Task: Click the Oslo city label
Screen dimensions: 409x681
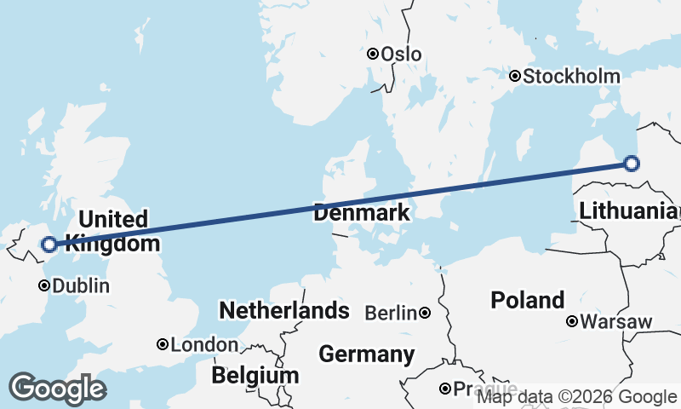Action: coord(401,54)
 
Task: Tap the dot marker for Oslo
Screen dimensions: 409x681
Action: coord(372,54)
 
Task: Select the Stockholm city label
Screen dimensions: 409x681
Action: coord(571,77)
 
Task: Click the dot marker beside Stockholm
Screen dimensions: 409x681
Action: coord(515,77)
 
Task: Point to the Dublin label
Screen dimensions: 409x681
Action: coord(81,286)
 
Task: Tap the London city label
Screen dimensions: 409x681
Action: coord(204,345)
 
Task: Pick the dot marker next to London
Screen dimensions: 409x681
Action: coord(162,345)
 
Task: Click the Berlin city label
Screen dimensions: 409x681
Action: coord(392,314)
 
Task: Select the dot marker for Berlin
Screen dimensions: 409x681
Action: coord(424,314)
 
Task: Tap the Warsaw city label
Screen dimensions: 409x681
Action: coord(617,322)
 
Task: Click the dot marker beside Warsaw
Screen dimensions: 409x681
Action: coord(573,322)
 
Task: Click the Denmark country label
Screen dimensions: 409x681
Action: coord(361,213)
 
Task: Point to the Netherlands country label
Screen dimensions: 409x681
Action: coord(284,310)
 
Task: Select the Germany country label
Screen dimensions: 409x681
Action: coord(366,354)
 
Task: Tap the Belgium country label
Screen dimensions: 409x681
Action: coord(255,376)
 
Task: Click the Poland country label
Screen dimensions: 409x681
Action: coord(528,300)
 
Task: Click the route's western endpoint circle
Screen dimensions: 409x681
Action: coord(49,245)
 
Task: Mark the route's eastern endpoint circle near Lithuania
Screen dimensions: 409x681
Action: coord(631,164)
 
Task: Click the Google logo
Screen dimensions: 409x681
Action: coord(57,389)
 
